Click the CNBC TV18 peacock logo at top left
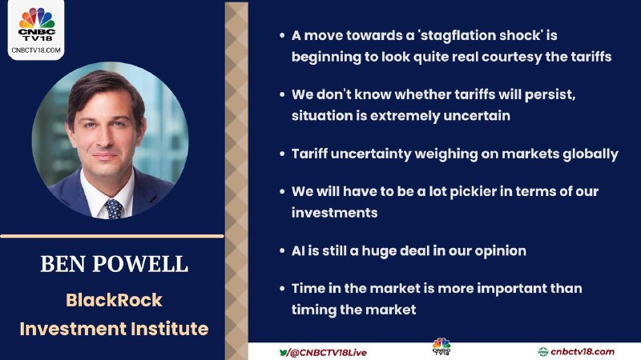click(x=36, y=24)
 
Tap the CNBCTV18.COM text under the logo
click(x=36, y=50)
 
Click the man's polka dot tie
click(x=113, y=209)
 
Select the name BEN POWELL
click(x=114, y=264)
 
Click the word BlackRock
click(x=114, y=300)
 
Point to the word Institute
click(x=170, y=329)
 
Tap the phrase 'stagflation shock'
click(x=480, y=35)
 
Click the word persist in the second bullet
click(x=550, y=94)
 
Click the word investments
click(x=334, y=213)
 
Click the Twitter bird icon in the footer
click(x=284, y=352)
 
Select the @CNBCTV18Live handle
click(x=329, y=353)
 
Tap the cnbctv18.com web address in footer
click(x=583, y=352)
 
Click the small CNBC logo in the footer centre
click(x=441, y=346)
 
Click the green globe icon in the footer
click(x=543, y=352)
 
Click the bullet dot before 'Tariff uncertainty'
click(x=282, y=154)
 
